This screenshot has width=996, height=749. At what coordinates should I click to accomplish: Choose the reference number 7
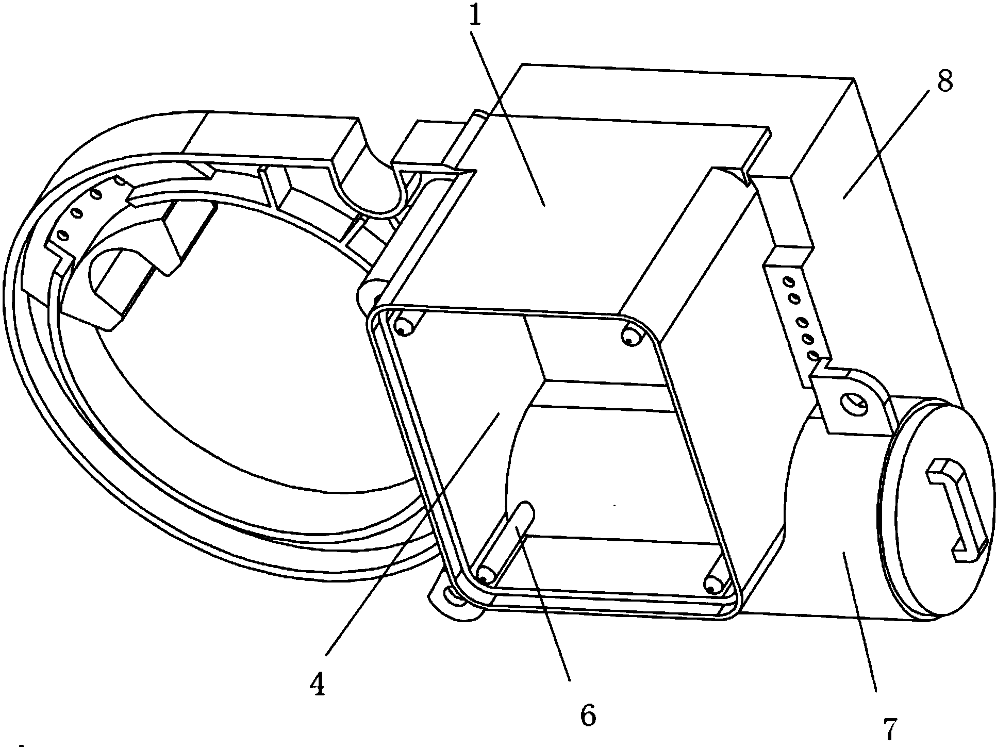click(x=891, y=726)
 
